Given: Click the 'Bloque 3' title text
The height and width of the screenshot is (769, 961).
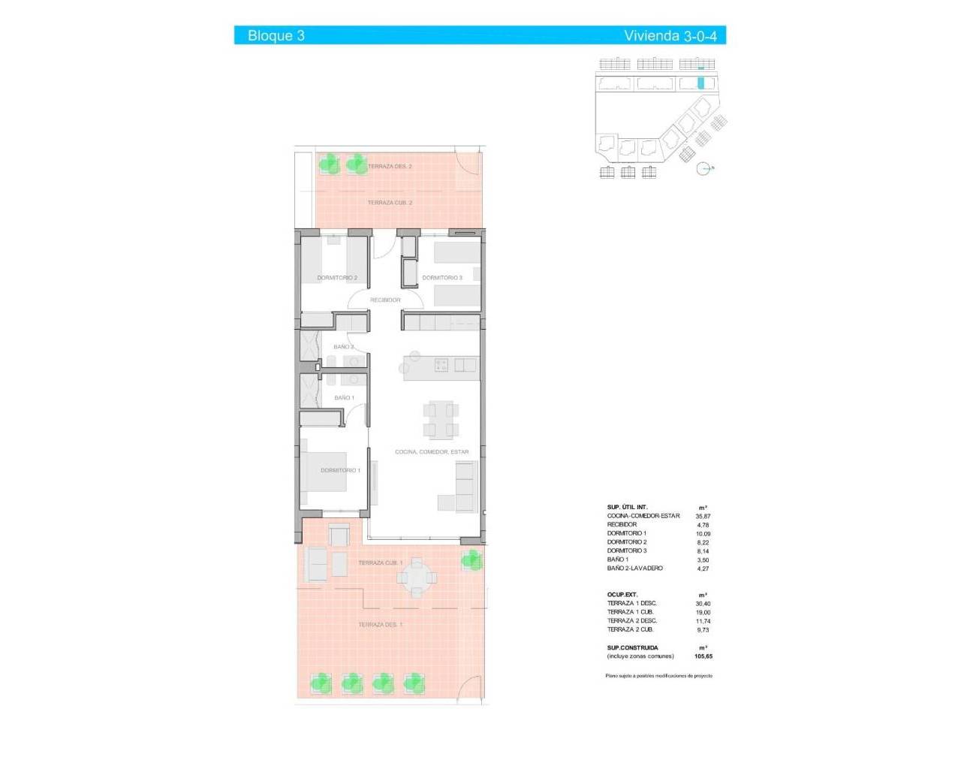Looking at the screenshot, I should click(276, 35).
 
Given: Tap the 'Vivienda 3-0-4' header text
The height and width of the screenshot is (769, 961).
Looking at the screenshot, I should click(670, 35).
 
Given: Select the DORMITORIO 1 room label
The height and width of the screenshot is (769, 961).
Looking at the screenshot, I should click(340, 471).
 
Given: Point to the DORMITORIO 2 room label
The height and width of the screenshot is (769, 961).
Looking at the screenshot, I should click(337, 278).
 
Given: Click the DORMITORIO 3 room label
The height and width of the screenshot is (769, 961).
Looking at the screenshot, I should click(442, 278).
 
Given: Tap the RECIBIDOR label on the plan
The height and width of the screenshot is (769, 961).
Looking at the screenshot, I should click(385, 300).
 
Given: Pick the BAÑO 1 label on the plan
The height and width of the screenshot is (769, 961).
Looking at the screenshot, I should click(344, 398).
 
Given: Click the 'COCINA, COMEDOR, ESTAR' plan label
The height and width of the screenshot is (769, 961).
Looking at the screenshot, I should click(432, 452).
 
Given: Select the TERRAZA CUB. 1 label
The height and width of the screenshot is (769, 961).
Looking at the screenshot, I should click(380, 563).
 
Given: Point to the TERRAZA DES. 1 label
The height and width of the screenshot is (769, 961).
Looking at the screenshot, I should click(380, 625).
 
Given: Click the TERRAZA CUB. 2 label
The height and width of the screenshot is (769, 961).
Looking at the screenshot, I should click(390, 203).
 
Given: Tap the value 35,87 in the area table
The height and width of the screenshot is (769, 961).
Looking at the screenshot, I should click(703, 517).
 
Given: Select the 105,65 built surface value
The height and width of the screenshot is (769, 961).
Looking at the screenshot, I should click(703, 656).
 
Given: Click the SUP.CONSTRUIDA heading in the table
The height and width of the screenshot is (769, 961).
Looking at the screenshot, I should click(632, 648).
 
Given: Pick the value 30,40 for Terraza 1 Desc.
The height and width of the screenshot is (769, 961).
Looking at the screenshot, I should click(703, 604).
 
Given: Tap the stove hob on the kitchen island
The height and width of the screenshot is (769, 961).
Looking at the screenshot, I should click(441, 365).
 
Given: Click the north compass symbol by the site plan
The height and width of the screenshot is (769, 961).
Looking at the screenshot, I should click(703, 169).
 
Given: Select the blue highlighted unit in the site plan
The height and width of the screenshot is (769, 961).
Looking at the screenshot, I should click(701, 83).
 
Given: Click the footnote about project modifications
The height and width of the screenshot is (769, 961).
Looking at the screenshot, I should click(658, 676).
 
